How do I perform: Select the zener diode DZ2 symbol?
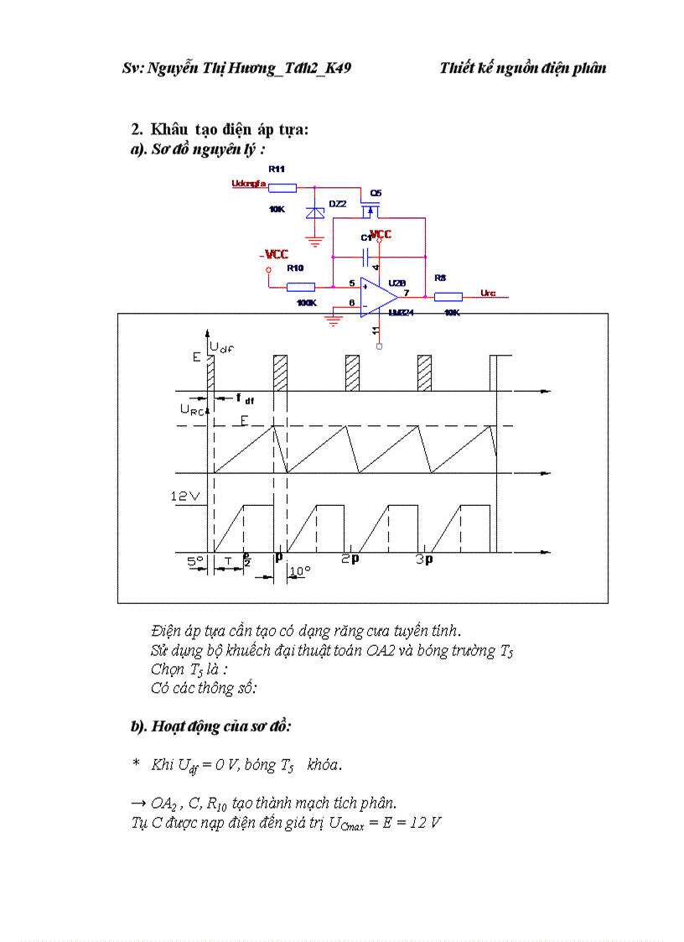(x=315, y=212)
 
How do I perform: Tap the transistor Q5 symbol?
(x=370, y=202)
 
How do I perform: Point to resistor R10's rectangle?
(x=300, y=286)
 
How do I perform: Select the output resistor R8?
(x=448, y=295)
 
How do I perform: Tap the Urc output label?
(x=489, y=293)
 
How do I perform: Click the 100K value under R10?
(x=306, y=302)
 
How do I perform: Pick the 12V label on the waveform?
(x=185, y=496)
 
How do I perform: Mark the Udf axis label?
(x=222, y=346)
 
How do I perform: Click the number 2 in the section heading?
(x=136, y=129)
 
